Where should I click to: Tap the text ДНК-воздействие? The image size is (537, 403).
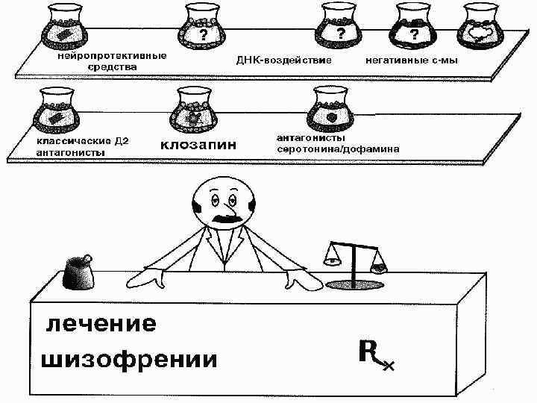coord(284,58)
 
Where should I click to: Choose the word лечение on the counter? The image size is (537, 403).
coord(101,325)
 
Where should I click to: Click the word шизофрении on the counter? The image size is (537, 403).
coord(128,360)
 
